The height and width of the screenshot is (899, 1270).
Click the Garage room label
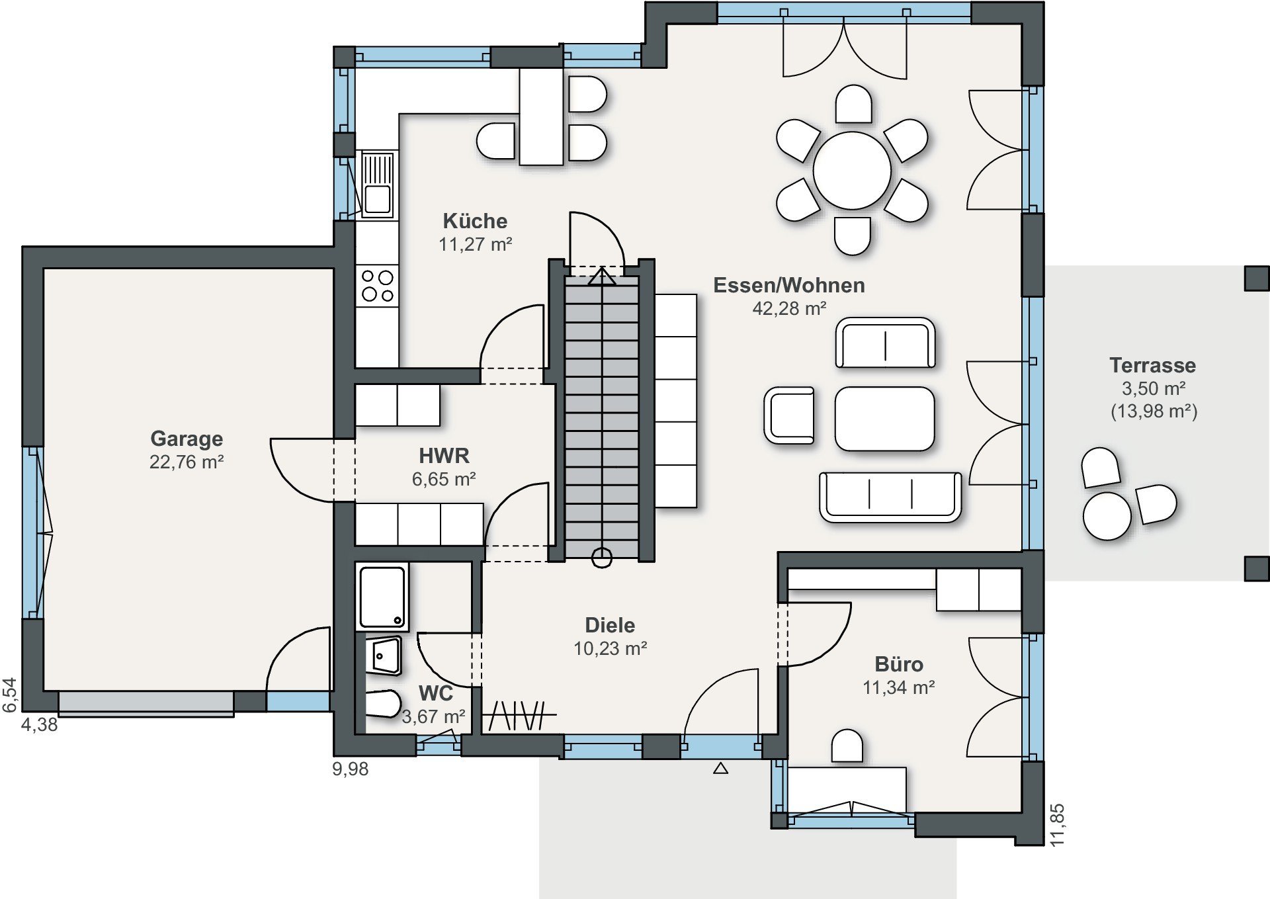(187, 439)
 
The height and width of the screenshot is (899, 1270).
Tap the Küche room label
(475, 220)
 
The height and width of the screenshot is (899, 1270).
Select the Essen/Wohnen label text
(789, 285)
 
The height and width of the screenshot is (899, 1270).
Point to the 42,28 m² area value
(789, 308)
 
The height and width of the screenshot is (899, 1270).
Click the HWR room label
(444, 456)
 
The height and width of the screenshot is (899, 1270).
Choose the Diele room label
(610, 625)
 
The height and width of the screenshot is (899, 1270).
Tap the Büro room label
(898, 664)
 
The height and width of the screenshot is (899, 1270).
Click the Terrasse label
(1153, 365)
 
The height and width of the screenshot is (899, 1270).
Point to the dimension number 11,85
(1057, 824)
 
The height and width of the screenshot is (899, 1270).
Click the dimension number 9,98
(351, 769)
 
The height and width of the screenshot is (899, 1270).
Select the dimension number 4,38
(40, 725)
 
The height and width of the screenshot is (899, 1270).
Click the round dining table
(852, 170)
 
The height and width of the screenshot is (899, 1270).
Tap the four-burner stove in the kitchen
(378, 286)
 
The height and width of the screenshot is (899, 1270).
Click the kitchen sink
(378, 185)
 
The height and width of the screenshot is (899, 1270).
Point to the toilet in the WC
(383, 704)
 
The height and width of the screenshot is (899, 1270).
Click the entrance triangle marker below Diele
(720, 768)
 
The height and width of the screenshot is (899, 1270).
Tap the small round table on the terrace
(1107, 516)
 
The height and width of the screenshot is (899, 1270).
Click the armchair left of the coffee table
(789, 415)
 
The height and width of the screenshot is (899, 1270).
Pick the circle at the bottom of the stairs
(601, 558)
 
